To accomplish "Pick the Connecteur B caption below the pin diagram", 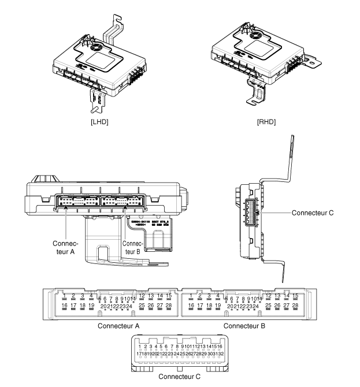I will tap(244, 325).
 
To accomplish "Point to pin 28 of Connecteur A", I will tap(169, 304).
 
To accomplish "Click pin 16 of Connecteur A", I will tap(65, 304).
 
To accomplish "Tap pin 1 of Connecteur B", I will tap(191, 295).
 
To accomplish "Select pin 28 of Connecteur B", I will tap(295, 304).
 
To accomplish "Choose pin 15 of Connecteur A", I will tap(169, 295).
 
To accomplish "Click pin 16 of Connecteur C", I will tap(220, 346).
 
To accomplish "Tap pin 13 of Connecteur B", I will tap(277, 295).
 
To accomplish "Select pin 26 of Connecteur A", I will tap(151, 304).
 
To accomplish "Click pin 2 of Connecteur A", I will tap(73, 295).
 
